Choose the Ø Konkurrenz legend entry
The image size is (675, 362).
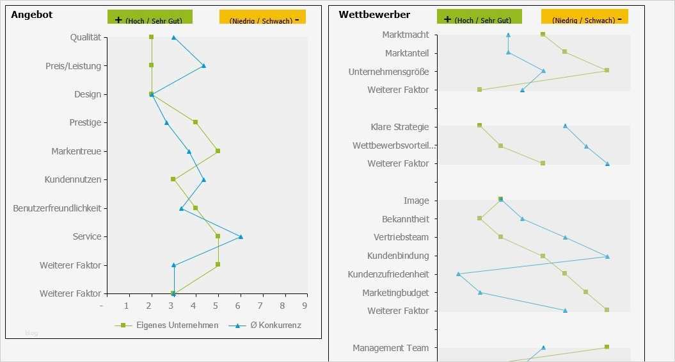click(271, 325)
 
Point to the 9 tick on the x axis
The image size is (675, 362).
click(305, 306)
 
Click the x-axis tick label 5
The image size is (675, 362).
click(217, 306)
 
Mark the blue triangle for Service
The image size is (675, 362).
click(241, 236)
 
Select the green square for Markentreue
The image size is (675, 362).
click(218, 151)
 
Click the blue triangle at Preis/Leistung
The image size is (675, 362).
click(203, 65)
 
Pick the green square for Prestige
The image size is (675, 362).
click(195, 122)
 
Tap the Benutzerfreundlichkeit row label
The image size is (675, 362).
click(57, 208)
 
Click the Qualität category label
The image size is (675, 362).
click(86, 37)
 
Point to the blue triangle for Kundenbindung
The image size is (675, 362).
click(607, 256)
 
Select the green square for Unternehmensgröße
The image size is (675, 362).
click(607, 70)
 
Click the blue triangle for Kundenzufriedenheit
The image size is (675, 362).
click(458, 274)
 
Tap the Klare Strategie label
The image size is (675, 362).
click(399, 127)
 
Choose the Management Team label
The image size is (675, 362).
click(390, 348)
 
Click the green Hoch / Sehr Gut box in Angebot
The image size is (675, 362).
click(150, 17)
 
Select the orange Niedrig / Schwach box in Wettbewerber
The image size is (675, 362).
click(584, 17)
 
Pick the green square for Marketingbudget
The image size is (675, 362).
click(585, 292)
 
